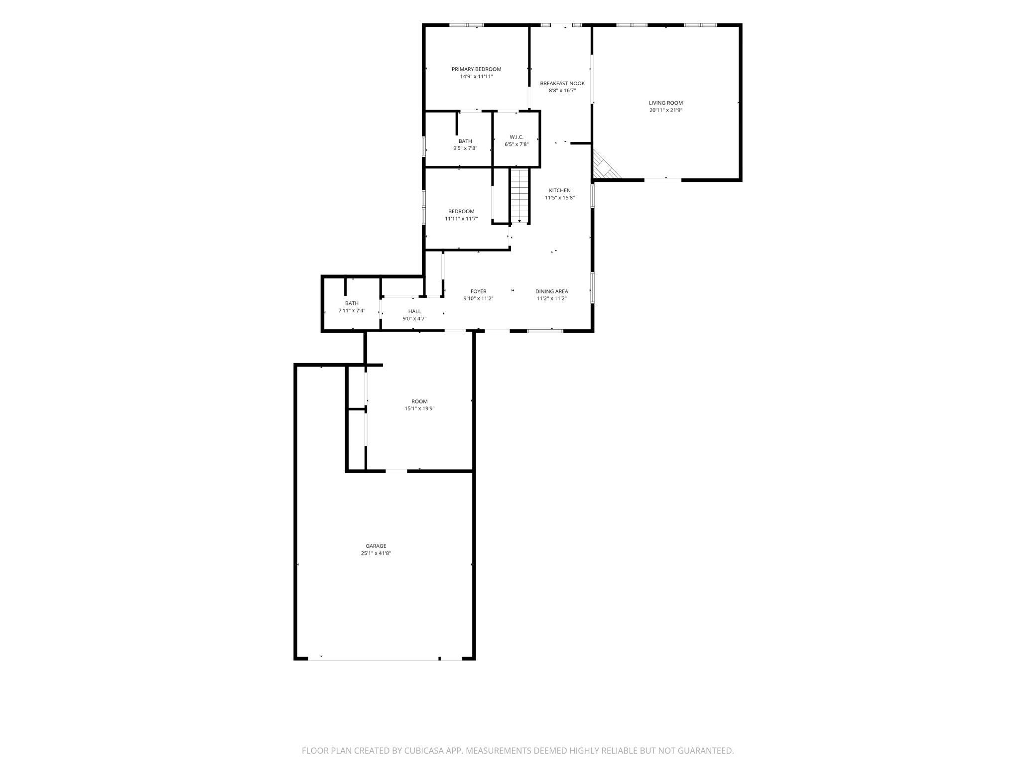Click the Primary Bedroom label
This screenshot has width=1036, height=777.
(476, 69)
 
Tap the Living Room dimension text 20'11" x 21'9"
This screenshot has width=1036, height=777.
(665, 111)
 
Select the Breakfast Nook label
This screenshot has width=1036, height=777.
(562, 84)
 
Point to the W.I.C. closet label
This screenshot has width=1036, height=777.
(517, 137)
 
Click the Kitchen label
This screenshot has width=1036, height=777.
(560, 190)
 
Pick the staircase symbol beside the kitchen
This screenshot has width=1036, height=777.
(519, 196)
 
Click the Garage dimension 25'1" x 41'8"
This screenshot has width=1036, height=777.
(376, 553)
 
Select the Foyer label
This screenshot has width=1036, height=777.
(478, 291)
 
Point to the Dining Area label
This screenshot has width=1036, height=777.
(551, 291)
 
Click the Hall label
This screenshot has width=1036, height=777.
(414, 311)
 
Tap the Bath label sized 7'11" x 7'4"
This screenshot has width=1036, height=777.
(352, 303)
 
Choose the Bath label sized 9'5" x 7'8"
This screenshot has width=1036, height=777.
(465, 141)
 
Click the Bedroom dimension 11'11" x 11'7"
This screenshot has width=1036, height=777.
(461, 219)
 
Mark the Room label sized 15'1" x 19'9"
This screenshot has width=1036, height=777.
(419, 401)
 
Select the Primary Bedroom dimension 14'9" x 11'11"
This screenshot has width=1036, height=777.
(476, 77)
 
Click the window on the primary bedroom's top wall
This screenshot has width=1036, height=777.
(467, 25)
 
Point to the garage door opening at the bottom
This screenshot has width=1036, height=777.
(374, 659)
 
